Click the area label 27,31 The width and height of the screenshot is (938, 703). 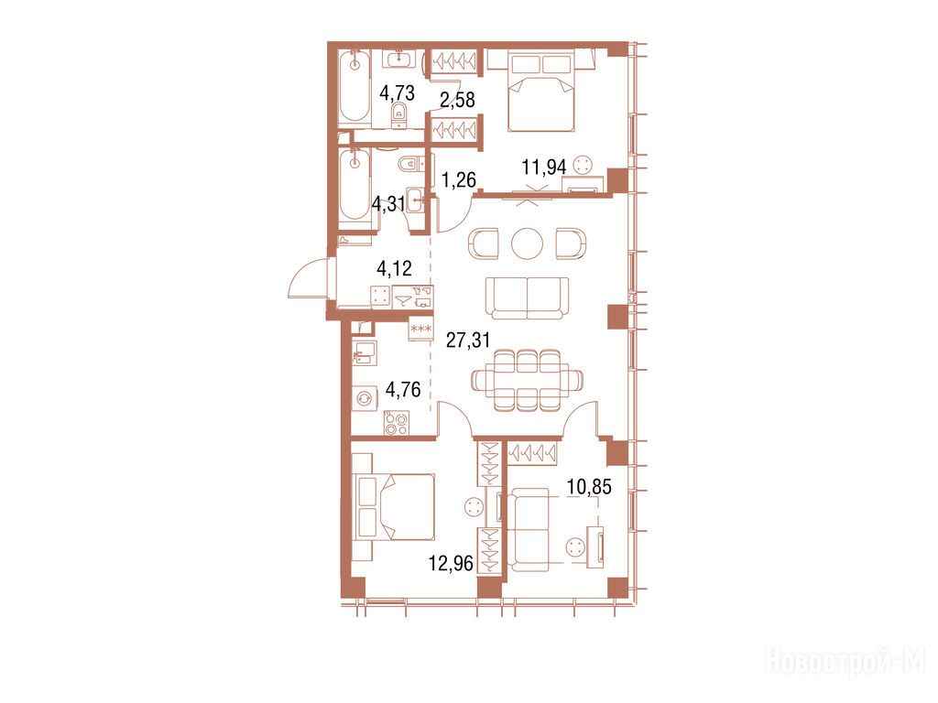[468, 341]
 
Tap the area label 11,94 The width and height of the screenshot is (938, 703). [544, 167]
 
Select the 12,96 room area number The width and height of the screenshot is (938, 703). [451, 563]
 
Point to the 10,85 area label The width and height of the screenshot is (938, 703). [589, 487]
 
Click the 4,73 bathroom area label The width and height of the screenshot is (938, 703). [398, 92]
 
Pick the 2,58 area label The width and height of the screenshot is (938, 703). [458, 100]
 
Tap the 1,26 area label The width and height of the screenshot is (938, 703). [459, 179]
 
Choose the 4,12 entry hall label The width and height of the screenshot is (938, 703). [394, 268]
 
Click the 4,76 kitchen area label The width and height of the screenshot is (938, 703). [403, 390]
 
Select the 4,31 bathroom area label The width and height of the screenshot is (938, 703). [388, 204]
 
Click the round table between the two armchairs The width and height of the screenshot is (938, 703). [528, 243]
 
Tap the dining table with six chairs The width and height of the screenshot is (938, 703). [528, 380]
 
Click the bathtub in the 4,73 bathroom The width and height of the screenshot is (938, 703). [354, 89]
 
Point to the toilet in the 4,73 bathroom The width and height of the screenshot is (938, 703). [399, 115]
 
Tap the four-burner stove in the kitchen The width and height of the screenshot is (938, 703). [396, 424]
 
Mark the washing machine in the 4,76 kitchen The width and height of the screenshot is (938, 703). [364, 398]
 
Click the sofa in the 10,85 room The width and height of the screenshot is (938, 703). [529, 530]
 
